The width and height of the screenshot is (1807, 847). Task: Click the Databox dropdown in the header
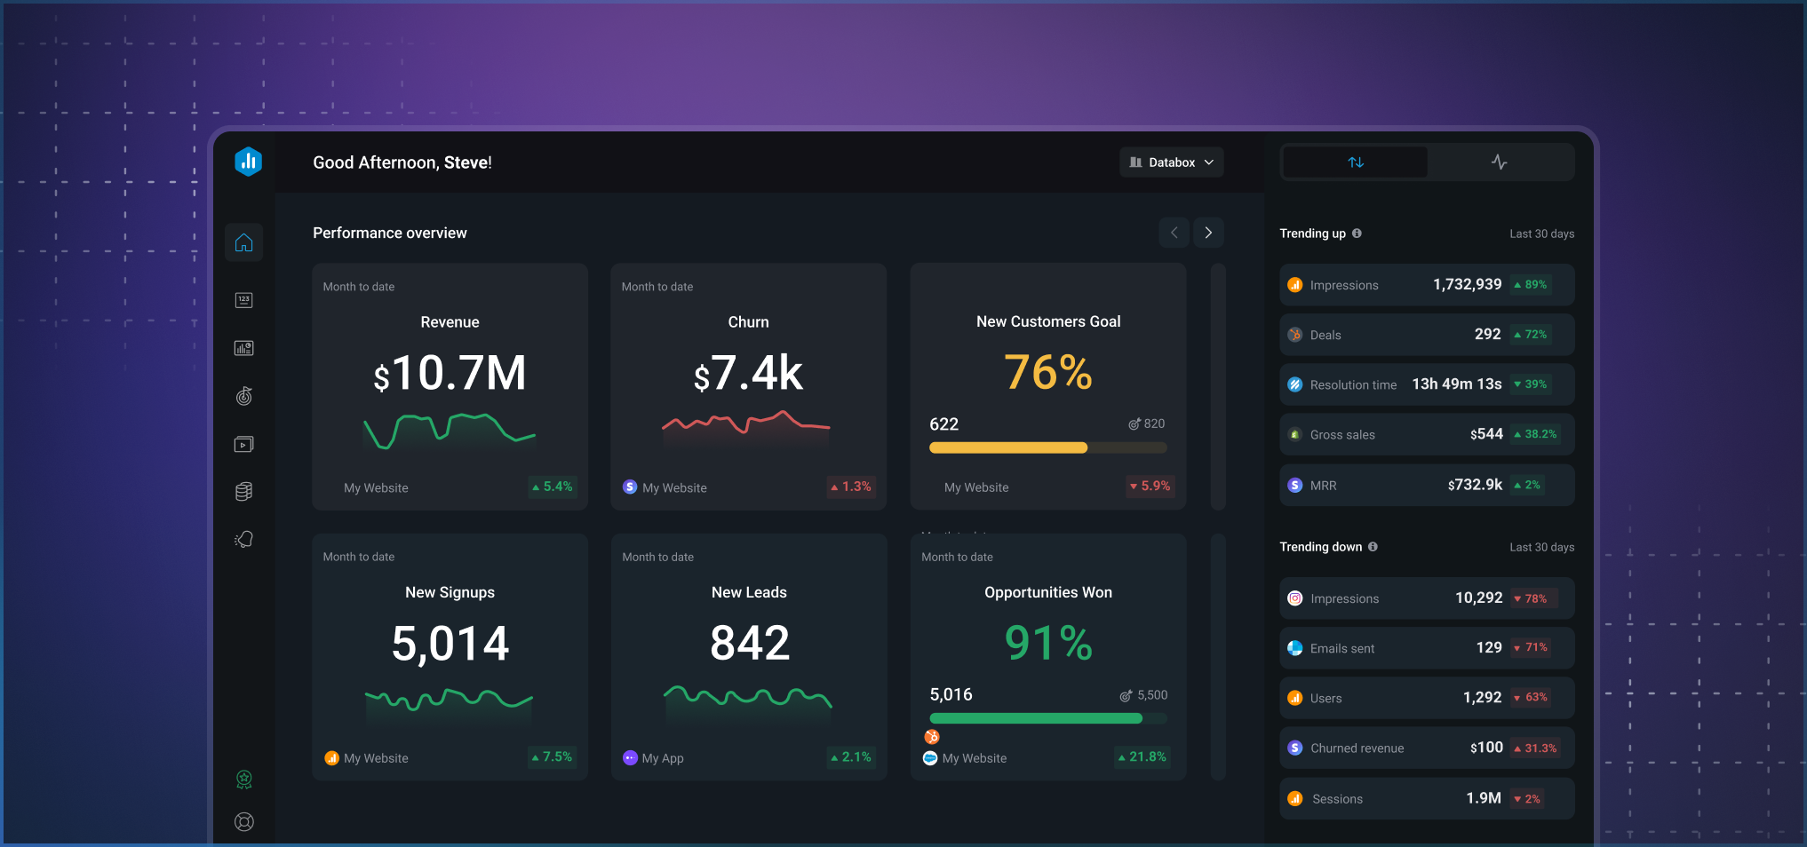1171,162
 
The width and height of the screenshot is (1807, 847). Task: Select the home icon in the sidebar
243,242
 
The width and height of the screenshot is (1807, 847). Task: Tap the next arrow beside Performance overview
1208,233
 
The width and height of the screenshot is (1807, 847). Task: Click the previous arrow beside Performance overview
1174,233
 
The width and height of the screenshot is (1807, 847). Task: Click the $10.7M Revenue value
450,374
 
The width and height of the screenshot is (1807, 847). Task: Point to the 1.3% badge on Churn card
851,487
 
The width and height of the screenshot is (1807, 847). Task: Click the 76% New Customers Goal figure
1048,372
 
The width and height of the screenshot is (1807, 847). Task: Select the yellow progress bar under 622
1008,448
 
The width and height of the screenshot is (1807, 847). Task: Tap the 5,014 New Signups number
450,644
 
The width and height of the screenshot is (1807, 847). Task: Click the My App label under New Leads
663,758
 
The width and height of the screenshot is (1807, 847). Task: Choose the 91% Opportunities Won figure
1048,643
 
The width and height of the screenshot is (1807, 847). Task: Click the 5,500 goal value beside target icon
1152,695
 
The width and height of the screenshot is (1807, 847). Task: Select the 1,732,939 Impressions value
1467,284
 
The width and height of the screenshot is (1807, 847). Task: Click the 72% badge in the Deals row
1531,335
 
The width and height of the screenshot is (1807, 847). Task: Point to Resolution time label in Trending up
1353,385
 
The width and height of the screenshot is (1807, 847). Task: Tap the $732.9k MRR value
1475,485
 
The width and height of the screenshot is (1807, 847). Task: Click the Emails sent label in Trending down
1341,649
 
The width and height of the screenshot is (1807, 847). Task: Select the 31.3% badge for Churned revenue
1535,748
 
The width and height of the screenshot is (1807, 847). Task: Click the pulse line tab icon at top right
1499,162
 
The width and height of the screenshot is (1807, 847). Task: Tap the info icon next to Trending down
1373,547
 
